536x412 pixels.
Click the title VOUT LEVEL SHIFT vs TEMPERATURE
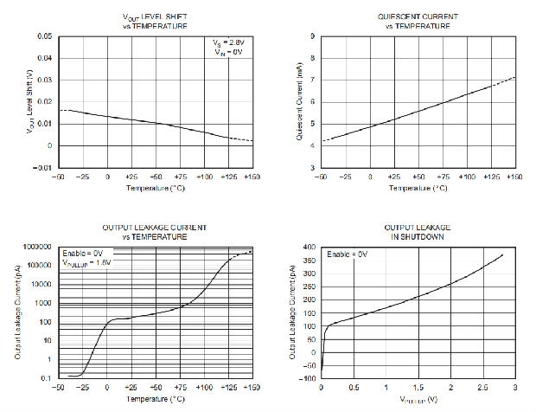(x=155, y=22)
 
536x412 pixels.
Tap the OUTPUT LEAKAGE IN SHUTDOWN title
(x=418, y=231)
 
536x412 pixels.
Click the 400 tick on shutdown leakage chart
(x=309, y=247)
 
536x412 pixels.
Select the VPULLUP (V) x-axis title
(x=417, y=401)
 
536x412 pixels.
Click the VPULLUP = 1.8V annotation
(x=87, y=263)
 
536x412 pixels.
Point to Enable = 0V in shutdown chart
(x=348, y=254)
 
